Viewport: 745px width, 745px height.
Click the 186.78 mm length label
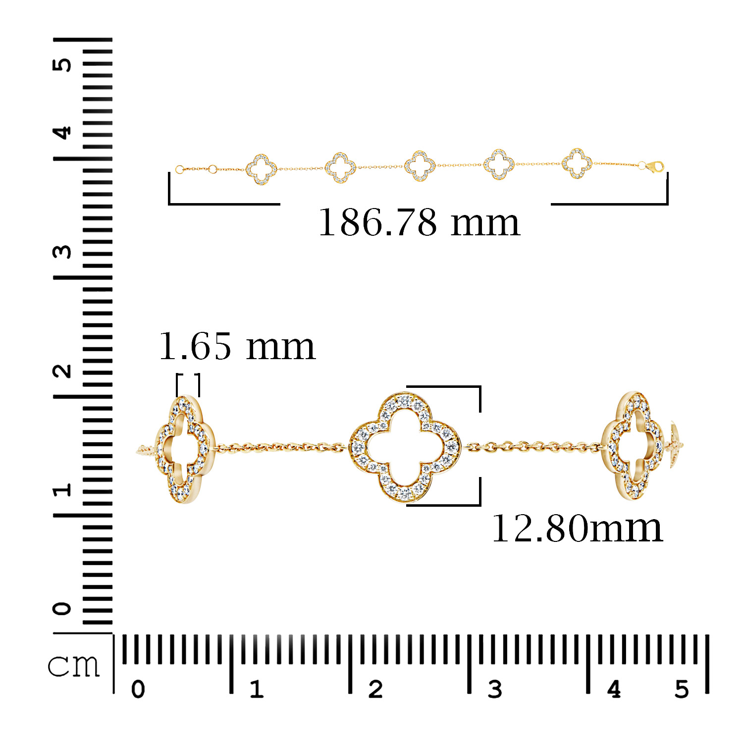tap(419, 222)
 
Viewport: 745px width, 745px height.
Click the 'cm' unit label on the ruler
tap(74, 665)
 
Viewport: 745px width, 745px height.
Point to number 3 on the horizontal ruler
tap(495, 689)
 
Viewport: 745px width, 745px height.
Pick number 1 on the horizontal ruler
tap(256, 689)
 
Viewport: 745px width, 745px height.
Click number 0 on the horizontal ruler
tap(138, 689)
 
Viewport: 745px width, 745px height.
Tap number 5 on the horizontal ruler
tap(682, 689)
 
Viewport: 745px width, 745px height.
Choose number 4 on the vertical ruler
tap(63, 133)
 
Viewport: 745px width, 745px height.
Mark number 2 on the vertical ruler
tap(63, 371)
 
